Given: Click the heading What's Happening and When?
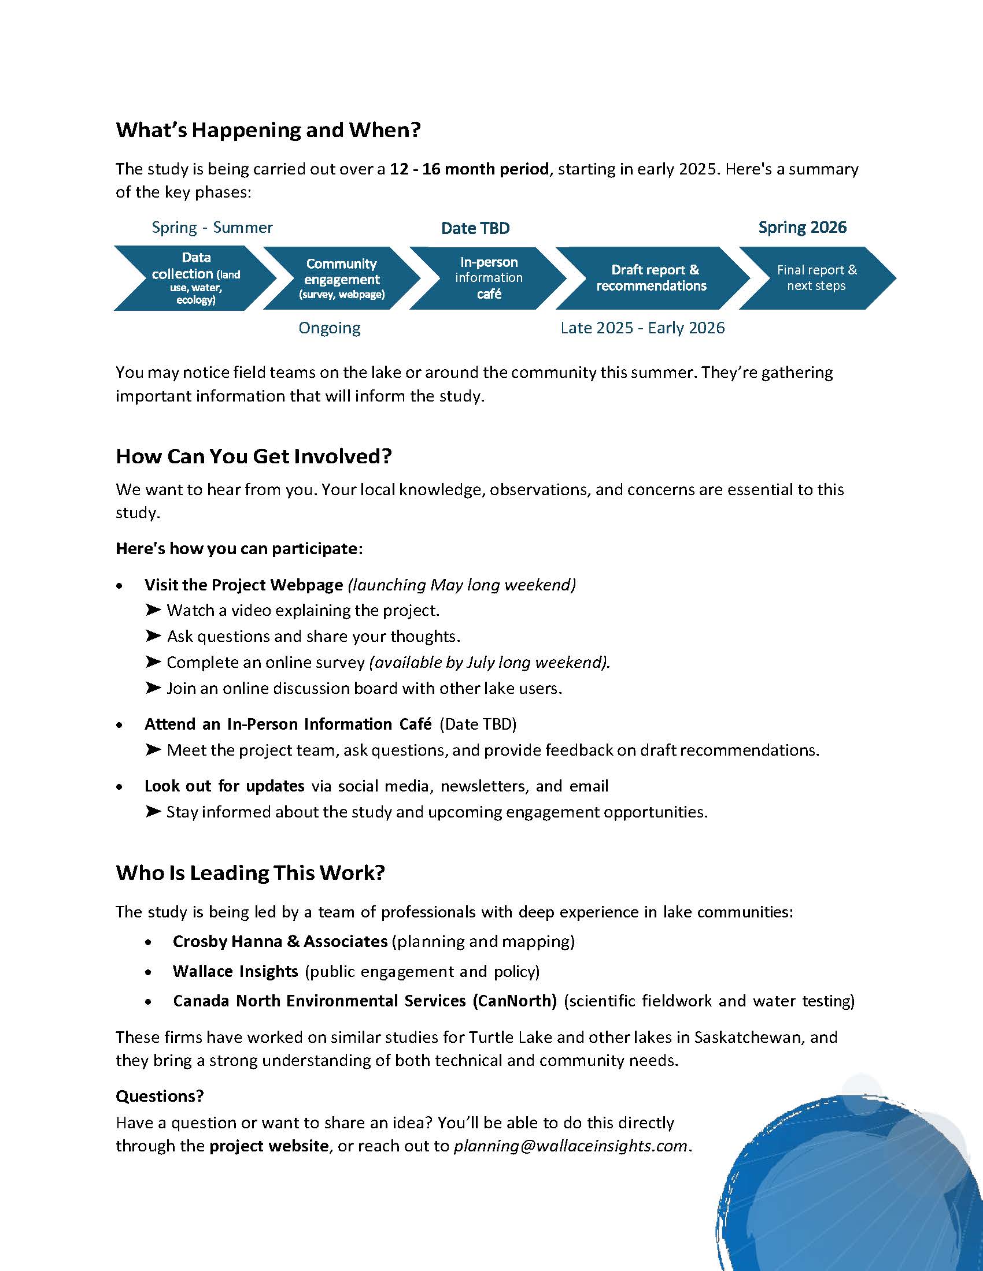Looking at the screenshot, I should [268, 130].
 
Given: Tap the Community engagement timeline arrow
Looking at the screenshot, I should [342, 278].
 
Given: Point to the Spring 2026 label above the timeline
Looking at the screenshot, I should [802, 227].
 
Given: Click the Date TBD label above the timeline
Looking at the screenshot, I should [475, 228].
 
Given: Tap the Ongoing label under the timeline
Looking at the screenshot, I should [329, 328].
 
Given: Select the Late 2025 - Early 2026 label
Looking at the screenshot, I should [642, 328].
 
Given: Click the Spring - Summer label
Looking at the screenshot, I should [212, 227].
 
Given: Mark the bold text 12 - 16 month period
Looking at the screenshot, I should [469, 169].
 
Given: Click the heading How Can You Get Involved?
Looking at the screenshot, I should [253, 456].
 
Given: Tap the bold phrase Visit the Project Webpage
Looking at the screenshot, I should [243, 585].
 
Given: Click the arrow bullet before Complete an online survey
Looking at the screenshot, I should [153, 661].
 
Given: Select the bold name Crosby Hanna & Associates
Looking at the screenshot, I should [280, 942].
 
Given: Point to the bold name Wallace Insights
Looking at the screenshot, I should [235, 971].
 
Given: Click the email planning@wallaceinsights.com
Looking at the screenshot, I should [570, 1146].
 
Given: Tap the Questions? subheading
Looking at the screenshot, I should [160, 1097].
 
